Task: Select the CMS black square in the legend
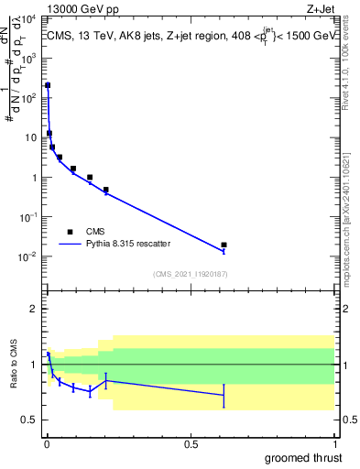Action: pos(70,232)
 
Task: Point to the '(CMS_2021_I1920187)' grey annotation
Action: pos(190,273)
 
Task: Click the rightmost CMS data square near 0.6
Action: pos(224,245)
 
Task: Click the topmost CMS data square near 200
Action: pos(48,85)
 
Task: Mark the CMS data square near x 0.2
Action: pos(106,190)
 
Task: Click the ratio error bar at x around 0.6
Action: pos(224,396)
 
